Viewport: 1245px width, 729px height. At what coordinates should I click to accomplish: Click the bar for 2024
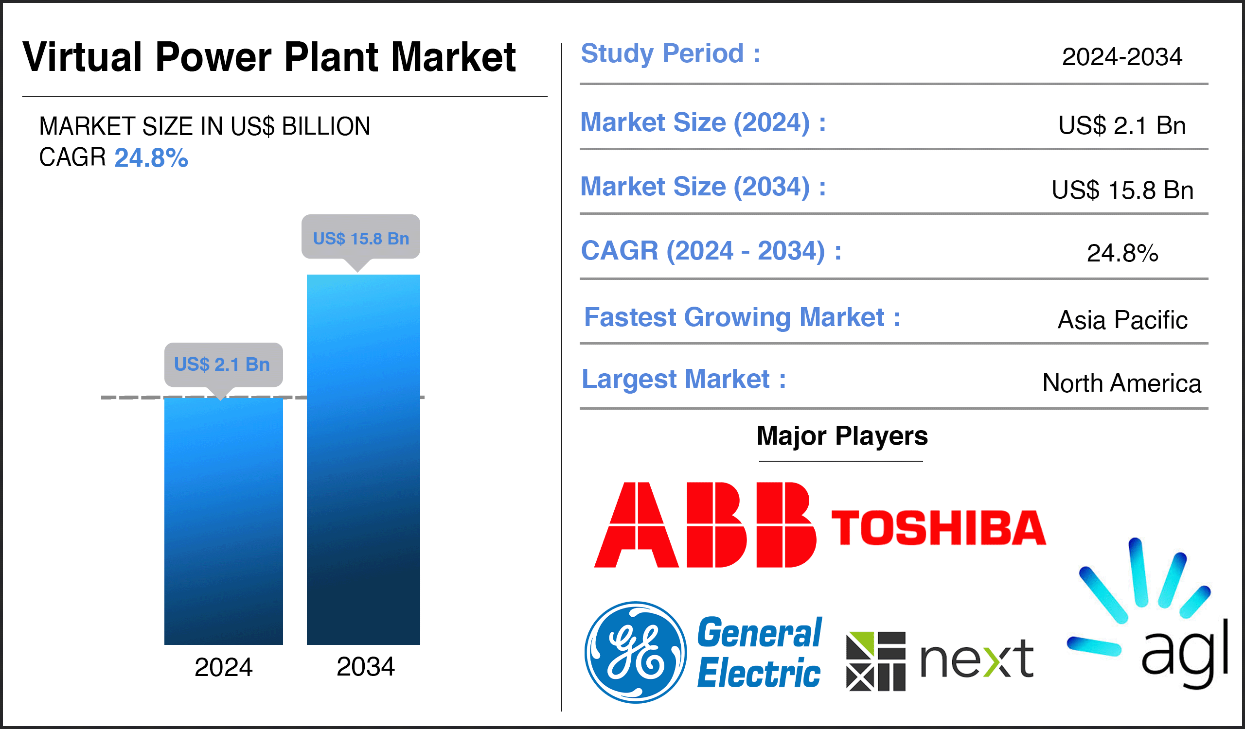(x=223, y=521)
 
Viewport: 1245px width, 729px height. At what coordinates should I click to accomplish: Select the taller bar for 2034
(x=363, y=459)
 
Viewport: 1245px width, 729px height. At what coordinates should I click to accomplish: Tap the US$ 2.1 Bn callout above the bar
(x=223, y=365)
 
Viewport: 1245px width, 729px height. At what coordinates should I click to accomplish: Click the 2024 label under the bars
(x=223, y=667)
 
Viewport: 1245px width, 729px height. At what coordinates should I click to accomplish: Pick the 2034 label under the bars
(x=366, y=667)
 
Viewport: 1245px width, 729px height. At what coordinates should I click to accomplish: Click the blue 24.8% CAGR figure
(x=151, y=158)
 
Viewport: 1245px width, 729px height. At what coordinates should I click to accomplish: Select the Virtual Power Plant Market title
(x=269, y=57)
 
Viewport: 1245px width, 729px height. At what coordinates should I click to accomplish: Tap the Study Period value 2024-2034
(x=1122, y=57)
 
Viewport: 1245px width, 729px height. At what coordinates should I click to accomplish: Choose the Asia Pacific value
(x=1122, y=320)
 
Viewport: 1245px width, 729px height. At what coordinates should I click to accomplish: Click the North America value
(x=1121, y=383)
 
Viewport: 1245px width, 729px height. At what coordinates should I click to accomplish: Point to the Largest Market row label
(x=684, y=379)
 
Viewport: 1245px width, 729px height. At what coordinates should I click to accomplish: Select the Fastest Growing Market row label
(x=742, y=317)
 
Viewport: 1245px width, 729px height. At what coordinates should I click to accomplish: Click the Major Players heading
(x=842, y=436)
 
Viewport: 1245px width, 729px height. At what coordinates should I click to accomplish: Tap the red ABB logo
(x=705, y=525)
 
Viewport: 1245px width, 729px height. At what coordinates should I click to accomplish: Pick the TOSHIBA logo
(x=939, y=528)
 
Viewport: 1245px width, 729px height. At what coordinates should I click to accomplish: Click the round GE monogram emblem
(x=636, y=653)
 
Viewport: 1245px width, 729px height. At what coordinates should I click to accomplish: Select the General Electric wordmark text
(x=759, y=653)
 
